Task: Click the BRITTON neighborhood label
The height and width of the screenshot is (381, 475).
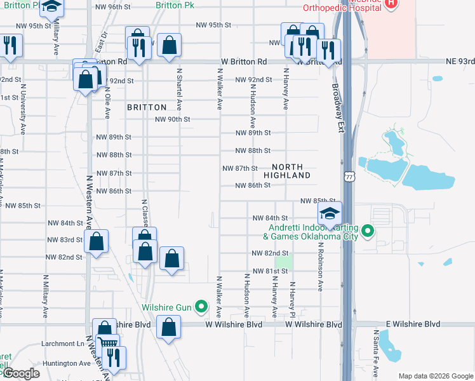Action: pyautogui.click(x=147, y=107)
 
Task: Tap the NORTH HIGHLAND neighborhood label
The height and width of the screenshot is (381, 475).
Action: pyautogui.click(x=287, y=170)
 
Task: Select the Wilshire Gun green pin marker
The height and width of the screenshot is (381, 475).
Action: pyautogui.click(x=202, y=307)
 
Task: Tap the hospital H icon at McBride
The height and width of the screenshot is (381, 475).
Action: pyautogui.click(x=391, y=3)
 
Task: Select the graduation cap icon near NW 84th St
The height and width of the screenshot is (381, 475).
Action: pyautogui.click(x=330, y=214)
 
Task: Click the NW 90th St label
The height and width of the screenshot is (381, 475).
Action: pyautogui.click(x=173, y=119)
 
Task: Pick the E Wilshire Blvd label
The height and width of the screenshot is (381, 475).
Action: pyautogui.click(x=407, y=324)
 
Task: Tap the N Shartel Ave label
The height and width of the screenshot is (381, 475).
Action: pyautogui.click(x=180, y=89)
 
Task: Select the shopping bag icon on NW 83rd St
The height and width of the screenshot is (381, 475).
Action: pyautogui.click(x=96, y=242)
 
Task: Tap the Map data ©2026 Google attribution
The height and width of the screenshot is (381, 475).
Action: pyautogui.click(x=435, y=376)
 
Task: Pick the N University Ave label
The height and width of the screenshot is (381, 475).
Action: pyautogui.click(x=23, y=110)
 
